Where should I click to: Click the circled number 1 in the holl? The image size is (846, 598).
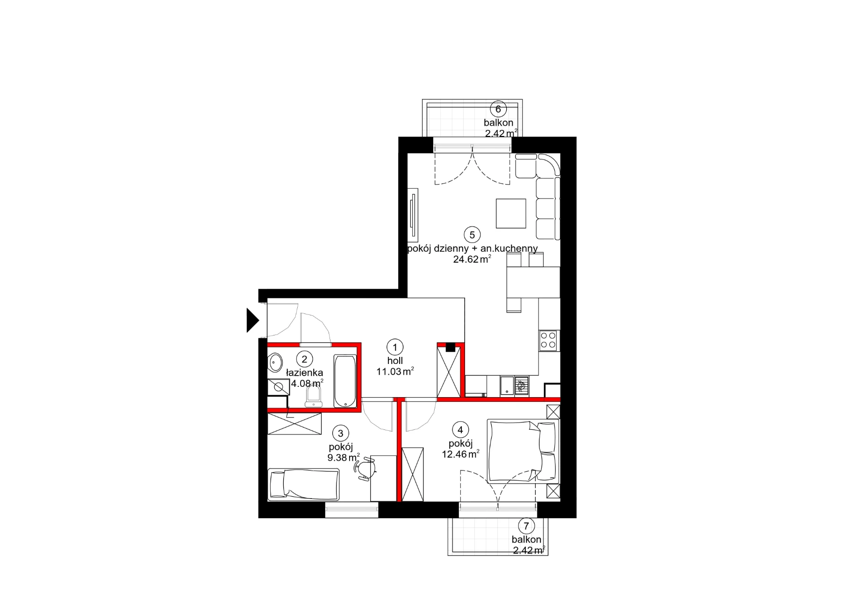(395, 347)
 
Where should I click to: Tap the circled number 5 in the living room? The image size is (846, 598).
(472, 235)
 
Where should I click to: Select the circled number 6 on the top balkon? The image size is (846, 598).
(498, 109)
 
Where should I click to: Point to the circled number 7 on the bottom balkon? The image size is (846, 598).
(526, 526)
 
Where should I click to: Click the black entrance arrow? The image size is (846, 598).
(252, 320)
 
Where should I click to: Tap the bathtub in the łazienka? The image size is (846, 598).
(345, 381)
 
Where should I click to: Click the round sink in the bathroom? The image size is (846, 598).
(274, 363)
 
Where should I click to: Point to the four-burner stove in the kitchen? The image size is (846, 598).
(548, 341)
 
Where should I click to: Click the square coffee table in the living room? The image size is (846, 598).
(511, 214)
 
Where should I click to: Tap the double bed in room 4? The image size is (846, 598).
(523, 451)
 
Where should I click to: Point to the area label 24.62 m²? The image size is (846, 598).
(472, 259)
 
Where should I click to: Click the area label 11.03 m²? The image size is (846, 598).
(395, 372)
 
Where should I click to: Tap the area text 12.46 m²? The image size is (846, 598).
(461, 454)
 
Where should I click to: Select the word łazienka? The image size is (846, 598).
(304, 373)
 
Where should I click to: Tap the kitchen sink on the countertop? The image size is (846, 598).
(507, 386)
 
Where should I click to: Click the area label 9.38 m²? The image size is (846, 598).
(344, 458)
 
